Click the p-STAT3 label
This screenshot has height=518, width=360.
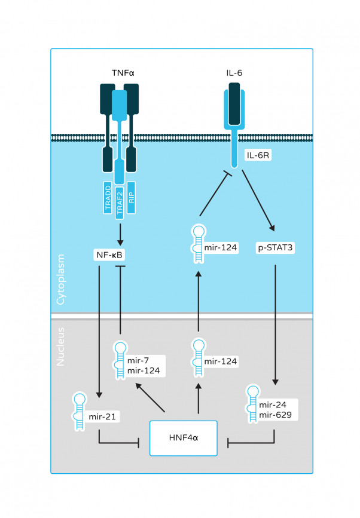(x=274, y=246)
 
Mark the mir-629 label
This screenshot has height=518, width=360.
(x=277, y=413)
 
